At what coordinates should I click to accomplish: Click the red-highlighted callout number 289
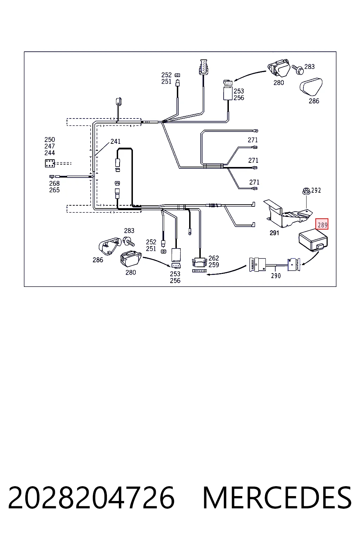(x=322, y=225)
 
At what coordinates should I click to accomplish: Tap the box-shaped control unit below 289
(x=313, y=240)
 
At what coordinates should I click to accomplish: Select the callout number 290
(x=276, y=276)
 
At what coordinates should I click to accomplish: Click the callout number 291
(x=274, y=233)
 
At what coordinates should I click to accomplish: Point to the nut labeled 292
(x=306, y=191)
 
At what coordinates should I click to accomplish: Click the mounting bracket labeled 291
(x=287, y=214)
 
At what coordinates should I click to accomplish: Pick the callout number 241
(x=115, y=141)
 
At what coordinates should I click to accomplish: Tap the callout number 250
(x=50, y=140)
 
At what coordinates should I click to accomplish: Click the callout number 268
(x=54, y=184)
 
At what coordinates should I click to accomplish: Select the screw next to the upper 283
(x=298, y=69)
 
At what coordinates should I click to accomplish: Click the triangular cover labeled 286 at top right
(x=311, y=86)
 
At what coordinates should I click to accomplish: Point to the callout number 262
(x=214, y=258)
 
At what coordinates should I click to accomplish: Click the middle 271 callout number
(x=253, y=160)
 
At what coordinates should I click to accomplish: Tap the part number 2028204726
(x=91, y=498)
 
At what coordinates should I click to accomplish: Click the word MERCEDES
(x=277, y=498)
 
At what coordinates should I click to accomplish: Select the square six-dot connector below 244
(x=50, y=163)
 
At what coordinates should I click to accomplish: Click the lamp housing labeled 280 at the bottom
(x=131, y=259)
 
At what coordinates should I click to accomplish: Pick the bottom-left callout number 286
(x=98, y=260)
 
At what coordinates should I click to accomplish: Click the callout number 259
(x=214, y=265)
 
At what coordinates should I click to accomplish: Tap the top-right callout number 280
(x=278, y=83)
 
